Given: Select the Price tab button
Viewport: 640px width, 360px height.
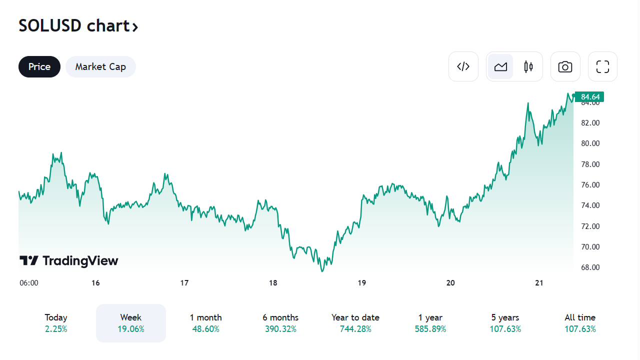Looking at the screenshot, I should [39, 67].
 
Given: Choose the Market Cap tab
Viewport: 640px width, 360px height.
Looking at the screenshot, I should [100, 67].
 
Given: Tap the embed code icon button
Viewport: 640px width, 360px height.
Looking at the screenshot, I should [463, 66].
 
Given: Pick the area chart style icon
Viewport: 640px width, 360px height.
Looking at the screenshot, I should [500, 66].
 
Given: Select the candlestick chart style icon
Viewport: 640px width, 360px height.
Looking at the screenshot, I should [528, 66].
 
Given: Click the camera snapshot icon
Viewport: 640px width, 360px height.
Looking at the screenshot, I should [565, 66].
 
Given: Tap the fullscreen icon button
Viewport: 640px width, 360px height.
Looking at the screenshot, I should [602, 66].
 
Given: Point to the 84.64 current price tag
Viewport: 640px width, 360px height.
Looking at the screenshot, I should [590, 96].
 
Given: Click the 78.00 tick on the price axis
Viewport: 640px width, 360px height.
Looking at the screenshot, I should [590, 164].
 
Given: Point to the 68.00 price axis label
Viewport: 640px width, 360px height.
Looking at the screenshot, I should [590, 267].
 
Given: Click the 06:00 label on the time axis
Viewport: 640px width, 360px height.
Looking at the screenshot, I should [29, 283].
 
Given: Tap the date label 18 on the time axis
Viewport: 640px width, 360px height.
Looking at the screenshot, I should [273, 283].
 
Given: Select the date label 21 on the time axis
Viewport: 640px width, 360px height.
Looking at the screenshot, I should [539, 283].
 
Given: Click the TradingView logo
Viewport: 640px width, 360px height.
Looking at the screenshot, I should [69, 260].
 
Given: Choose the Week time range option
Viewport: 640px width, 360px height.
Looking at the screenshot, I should [131, 323].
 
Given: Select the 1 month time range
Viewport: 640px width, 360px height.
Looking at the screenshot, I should [205, 323].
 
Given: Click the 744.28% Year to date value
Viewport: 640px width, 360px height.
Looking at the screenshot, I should [355, 329].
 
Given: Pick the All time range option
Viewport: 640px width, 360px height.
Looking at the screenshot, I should [580, 323].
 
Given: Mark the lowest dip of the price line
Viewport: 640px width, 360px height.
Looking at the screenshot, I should [322, 271].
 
